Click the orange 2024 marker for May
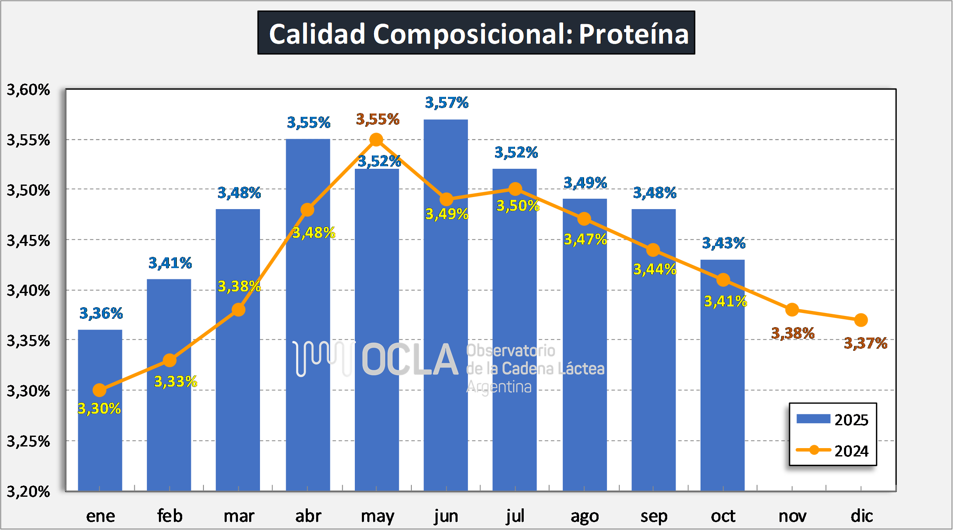(x=376, y=140)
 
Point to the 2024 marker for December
(x=861, y=320)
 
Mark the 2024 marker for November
(x=792, y=310)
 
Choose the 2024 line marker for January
(x=99, y=390)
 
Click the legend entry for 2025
(x=832, y=419)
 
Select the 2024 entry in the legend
(x=832, y=451)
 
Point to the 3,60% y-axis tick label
(x=28, y=90)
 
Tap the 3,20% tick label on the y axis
(x=28, y=492)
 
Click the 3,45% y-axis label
(x=28, y=241)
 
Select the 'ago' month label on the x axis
(x=584, y=516)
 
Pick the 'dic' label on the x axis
(x=861, y=516)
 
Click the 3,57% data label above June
(x=447, y=103)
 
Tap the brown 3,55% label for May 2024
(x=378, y=120)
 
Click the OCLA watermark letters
(x=410, y=360)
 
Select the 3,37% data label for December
(x=866, y=343)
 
